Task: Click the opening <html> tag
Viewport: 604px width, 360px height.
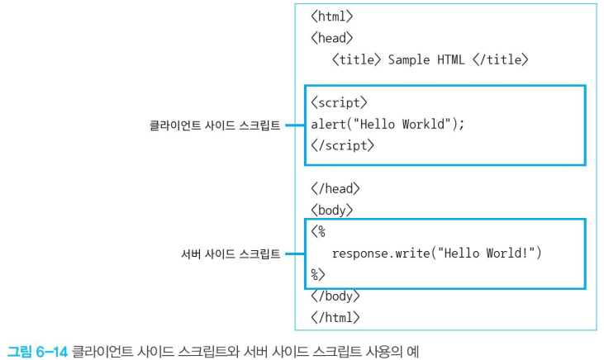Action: pyautogui.click(x=331, y=17)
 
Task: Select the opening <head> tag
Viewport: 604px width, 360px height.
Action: pyautogui.click(x=331, y=38)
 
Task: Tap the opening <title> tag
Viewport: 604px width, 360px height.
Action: pyautogui.click(x=356, y=59)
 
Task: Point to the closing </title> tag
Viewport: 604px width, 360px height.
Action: pyautogui.click(x=501, y=59)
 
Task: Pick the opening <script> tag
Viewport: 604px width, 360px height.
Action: pyautogui.click(x=339, y=103)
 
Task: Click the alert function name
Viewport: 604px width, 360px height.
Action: pyautogui.click(x=328, y=125)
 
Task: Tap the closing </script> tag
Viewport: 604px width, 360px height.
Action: pyautogui.click(x=342, y=146)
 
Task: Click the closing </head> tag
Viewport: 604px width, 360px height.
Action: pyautogui.click(x=335, y=188)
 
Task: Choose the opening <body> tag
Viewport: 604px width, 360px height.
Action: pyautogui.click(x=331, y=211)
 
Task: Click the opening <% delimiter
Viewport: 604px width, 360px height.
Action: pyautogui.click(x=318, y=232)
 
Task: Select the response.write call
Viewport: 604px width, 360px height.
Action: pyautogui.click(x=437, y=253)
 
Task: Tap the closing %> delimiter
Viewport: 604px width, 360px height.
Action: pyautogui.click(x=318, y=274)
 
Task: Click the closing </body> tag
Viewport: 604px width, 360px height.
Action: pyautogui.click(x=335, y=296)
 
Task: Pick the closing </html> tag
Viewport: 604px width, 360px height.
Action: pyautogui.click(x=335, y=318)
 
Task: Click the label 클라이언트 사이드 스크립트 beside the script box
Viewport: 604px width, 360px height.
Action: pyautogui.click(x=215, y=126)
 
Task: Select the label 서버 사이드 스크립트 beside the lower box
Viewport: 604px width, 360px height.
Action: pyautogui.click(x=231, y=254)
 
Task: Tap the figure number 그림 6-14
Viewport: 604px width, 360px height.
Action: pyautogui.click(x=37, y=351)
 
